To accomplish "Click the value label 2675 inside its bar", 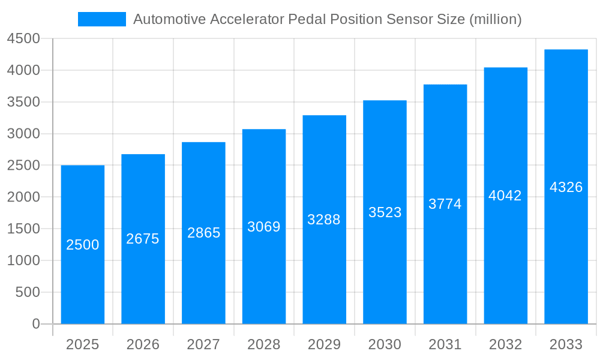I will (x=143, y=239).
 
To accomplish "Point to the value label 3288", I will (x=324, y=220).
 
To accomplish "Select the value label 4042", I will (x=505, y=196).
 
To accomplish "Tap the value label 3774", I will (x=445, y=204).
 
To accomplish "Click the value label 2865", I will (x=204, y=233).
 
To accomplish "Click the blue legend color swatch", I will (x=102, y=19).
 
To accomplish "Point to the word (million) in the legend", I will (x=495, y=19).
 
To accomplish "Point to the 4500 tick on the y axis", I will (x=23, y=39).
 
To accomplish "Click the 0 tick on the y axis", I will (x=35, y=324).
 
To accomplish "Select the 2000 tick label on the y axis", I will (x=23, y=197).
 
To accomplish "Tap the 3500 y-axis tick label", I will (x=23, y=102).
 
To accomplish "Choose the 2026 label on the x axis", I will (x=143, y=344).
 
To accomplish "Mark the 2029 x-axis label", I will (x=324, y=344).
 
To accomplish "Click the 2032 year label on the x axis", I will (x=505, y=344).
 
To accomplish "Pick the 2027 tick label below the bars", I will (x=203, y=344).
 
